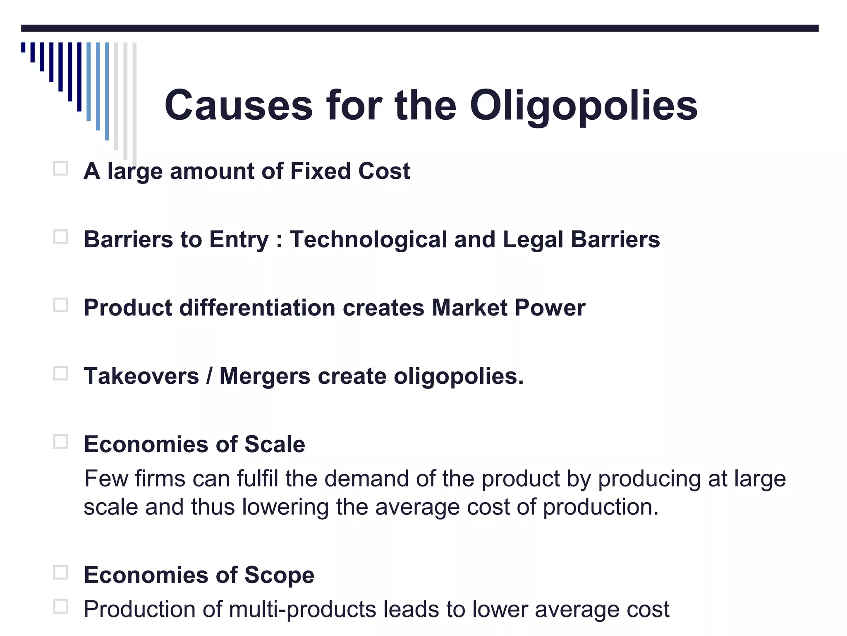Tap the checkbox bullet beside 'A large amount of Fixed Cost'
point(60,169)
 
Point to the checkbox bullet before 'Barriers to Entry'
point(60,237)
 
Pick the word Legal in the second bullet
point(533,240)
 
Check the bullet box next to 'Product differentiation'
point(60,305)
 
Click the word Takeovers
point(141,376)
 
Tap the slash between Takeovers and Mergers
point(209,376)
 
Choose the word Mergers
point(265,376)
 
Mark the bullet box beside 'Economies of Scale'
point(60,442)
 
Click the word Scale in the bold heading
point(275,445)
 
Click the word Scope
point(279,575)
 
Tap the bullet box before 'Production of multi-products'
point(60,607)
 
